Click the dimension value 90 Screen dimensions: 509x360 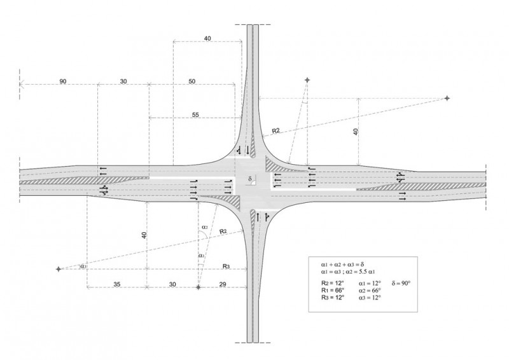click(x=62, y=82)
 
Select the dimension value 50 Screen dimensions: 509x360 click(x=192, y=82)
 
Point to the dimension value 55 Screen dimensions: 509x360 click(x=195, y=115)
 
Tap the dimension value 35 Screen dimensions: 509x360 click(x=116, y=284)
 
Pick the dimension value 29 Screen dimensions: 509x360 click(x=222, y=284)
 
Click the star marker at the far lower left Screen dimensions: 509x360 click(x=59, y=269)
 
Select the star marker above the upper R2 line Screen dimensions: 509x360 click(x=307, y=80)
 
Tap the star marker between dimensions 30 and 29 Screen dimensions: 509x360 click(x=199, y=287)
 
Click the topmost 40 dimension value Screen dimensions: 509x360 click(x=207, y=39)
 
